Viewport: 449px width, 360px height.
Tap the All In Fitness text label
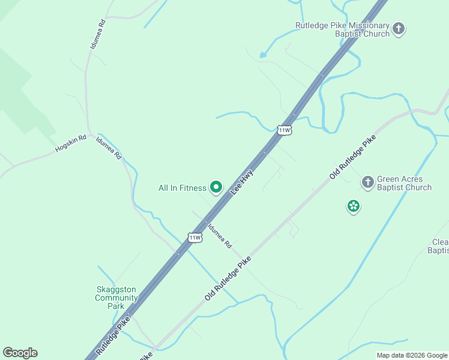pyautogui.click(x=182, y=188)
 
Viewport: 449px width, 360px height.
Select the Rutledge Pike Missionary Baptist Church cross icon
pyautogui.click(x=399, y=28)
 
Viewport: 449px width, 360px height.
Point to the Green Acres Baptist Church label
pyautogui.click(x=404, y=183)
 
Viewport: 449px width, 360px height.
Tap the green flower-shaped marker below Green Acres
pyautogui.click(x=354, y=206)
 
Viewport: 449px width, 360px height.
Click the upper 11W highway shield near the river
pyautogui.click(x=285, y=130)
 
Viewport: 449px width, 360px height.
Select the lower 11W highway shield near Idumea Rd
pyautogui.click(x=194, y=238)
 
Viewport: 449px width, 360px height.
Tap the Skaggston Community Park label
pyautogui.click(x=116, y=298)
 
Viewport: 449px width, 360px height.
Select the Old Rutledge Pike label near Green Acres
pyautogui.click(x=352, y=157)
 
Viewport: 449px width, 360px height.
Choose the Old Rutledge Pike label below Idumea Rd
pyautogui.click(x=228, y=279)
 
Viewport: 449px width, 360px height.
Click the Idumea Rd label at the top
pyautogui.click(x=97, y=34)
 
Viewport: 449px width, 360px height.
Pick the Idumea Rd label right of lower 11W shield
pyautogui.click(x=219, y=236)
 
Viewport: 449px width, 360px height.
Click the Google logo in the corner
pyautogui.click(x=20, y=353)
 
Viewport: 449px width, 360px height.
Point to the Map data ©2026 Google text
pyautogui.click(x=412, y=355)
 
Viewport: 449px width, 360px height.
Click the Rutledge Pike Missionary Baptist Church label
pyautogui.click(x=342, y=29)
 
